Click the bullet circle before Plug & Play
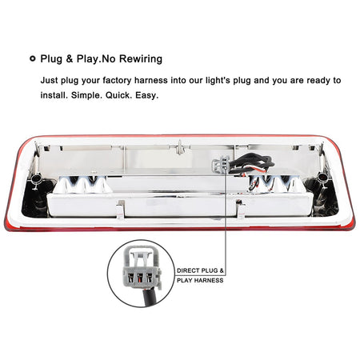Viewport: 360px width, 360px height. [x=33, y=58]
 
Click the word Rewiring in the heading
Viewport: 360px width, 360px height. [x=141, y=59]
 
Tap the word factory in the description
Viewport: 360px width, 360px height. [x=117, y=81]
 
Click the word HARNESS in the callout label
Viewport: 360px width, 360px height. [x=209, y=280]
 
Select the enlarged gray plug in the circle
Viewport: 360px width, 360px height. [x=142, y=268]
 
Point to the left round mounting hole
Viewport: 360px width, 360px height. [x=36, y=178]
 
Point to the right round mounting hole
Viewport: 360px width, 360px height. [x=322, y=177]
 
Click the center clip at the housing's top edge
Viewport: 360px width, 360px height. [x=180, y=147]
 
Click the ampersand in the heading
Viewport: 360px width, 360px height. [x=70, y=59]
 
